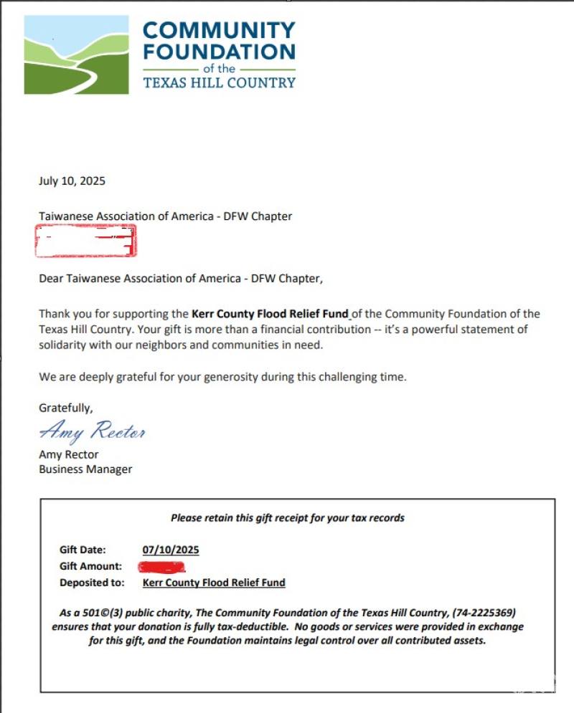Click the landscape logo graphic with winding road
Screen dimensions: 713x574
point(76,55)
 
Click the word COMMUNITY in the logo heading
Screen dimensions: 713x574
point(219,31)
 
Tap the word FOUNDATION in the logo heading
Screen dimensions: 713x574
point(219,52)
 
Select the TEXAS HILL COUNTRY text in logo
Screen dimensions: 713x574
point(219,82)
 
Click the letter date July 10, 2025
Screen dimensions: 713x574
point(72,181)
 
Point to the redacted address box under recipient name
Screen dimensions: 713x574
point(85,241)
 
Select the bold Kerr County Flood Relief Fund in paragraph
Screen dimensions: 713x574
point(270,314)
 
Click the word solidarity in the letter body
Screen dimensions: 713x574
point(69,345)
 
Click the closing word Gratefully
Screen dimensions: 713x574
point(65,408)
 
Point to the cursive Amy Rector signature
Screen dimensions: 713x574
point(93,431)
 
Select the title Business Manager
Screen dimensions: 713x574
point(85,469)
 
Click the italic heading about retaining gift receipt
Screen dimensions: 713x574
point(287,517)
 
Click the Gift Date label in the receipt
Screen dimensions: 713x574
point(83,550)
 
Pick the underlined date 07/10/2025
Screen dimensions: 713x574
point(171,550)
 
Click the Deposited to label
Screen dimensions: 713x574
point(92,583)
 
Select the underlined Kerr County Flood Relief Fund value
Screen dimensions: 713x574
point(214,583)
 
